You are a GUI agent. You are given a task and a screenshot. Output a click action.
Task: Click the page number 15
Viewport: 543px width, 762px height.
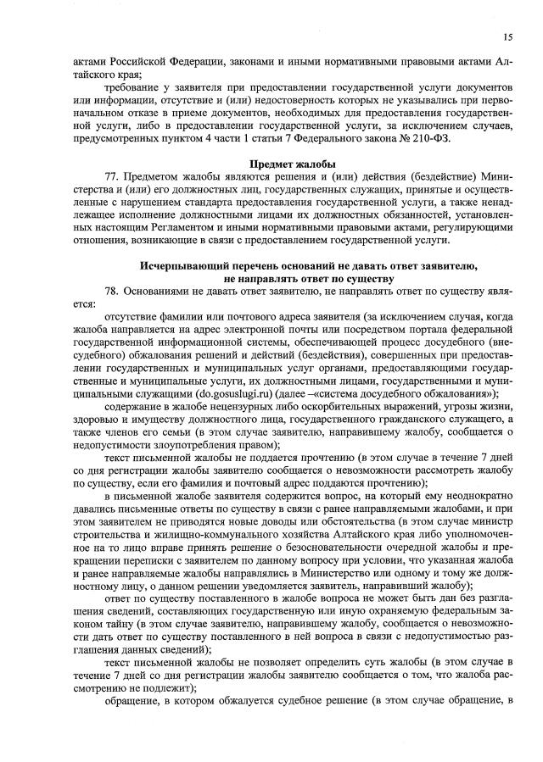point(507,36)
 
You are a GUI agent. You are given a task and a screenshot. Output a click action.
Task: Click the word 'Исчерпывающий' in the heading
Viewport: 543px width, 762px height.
point(178,266)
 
